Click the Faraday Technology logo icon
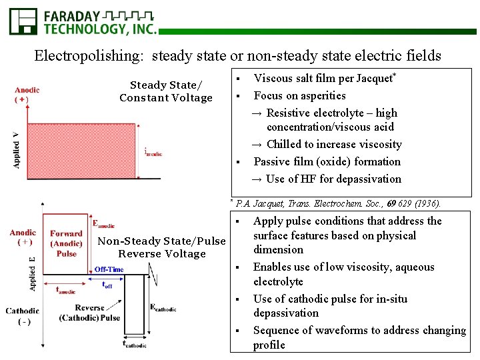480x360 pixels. (23, 21)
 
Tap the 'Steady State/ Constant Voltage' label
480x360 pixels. (165, 91)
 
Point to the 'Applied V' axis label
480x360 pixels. (16, 150)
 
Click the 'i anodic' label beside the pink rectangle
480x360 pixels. (153, 152)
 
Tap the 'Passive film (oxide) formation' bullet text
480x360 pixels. (327, 161)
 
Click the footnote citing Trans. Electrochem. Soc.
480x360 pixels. (337, 203)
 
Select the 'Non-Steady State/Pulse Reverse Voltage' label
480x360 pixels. (162, 247)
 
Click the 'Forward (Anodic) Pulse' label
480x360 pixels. (66, 243)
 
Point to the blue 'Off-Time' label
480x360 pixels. (109, 269)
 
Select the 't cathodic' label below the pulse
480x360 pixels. (135, 345)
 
